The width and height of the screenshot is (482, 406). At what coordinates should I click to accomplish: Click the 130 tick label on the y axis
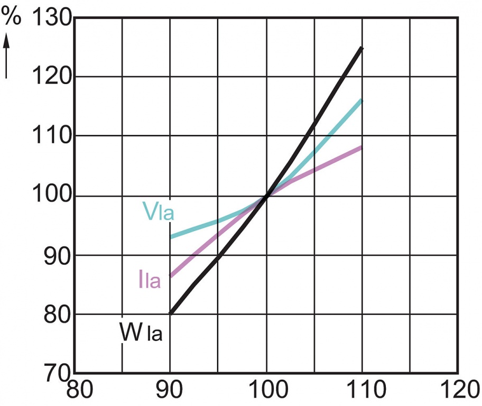click(x=52, y=20)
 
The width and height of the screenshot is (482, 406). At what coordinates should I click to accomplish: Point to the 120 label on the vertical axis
click(x=52, y=77)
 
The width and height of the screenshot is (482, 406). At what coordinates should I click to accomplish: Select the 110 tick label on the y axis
click(x=52, y=136)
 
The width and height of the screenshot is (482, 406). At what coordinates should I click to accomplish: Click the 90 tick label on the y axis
click(x=57, y=255)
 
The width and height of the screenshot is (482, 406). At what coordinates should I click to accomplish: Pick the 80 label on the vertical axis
click(x=57, y=315)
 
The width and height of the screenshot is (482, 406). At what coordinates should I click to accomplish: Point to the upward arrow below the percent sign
click(x=7, y=56)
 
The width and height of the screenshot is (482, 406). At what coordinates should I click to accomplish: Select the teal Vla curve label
click(x=158, y=211)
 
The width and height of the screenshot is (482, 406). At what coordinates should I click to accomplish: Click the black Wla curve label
click(x=140, y=333)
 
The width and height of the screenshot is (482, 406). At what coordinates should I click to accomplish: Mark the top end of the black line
click(x=361, y=48)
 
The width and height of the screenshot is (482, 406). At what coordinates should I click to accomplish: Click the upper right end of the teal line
click(x=361, y=100)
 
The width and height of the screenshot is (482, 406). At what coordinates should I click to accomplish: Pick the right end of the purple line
click(x=361, y=147)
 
